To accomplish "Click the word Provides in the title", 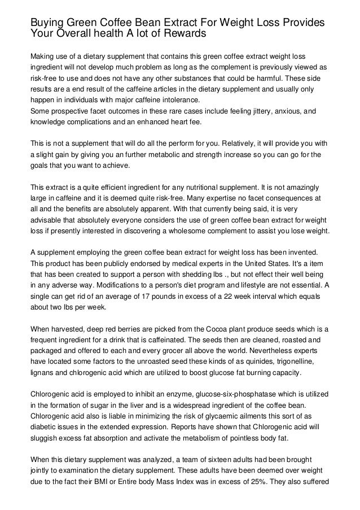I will (301, 22).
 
